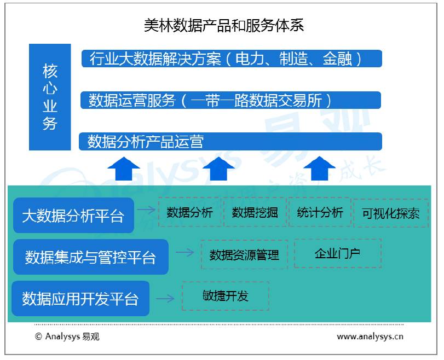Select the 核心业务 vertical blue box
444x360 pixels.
tap(50, 97)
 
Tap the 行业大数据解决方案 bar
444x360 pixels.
tap(231, 59)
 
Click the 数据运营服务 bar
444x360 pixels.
tap(231, 100)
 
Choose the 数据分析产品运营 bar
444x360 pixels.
tap(231, 142)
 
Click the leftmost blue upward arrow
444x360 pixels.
tap(124, 168)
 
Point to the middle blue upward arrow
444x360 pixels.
tap(222, 168)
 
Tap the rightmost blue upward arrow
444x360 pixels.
tap(320, 168)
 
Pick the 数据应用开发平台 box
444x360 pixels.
tap(80, 298)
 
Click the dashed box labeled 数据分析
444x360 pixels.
tap(189, 212)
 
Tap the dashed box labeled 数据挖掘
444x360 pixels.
tap(255, 212)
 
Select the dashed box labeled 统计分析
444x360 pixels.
tap(320, 212)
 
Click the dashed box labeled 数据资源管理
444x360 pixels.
tap(244, 254)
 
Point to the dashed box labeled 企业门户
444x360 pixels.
tap(337, 253)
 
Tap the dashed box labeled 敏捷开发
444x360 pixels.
tap(225, 296)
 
